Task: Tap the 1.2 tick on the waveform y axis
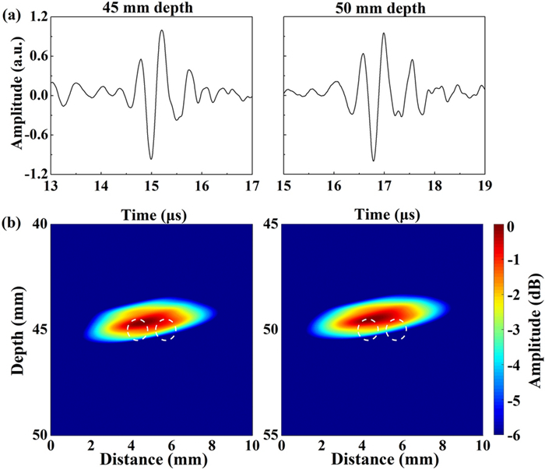[36, 17]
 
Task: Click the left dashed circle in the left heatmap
[138, 330]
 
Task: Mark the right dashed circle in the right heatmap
[396, 330]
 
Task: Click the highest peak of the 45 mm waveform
[162, 31]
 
